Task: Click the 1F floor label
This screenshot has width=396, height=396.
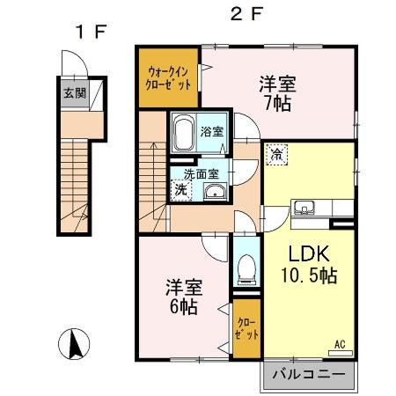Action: (x=90, y=33)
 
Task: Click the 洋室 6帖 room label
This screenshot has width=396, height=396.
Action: (x=182, y=297)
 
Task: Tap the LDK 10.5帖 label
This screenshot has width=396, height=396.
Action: (x=306, y=263)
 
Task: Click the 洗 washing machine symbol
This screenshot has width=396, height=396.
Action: (x=180, y=189)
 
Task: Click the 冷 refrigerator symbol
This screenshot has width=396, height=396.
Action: (x=276, y=151)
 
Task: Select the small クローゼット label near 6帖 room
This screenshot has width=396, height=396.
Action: (x=246, y=327)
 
